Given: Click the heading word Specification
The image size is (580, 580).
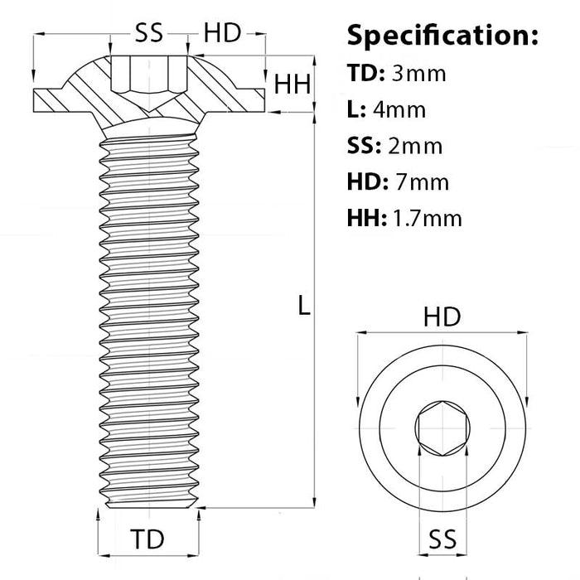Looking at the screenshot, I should [x=442, y=36].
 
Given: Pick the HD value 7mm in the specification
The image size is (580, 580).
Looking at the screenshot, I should [x=423, y=182].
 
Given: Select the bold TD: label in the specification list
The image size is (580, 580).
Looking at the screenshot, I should [x=365, y=73].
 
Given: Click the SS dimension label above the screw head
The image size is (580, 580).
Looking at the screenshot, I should [x=149, y=33].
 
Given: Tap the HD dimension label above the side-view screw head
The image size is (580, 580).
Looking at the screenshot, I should [x=222, y=33].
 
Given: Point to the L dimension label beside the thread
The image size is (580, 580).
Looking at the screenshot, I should [x=304, y=307].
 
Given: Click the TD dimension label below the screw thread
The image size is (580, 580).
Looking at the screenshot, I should [x=148, y=539].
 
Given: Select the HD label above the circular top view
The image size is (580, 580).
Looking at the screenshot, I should [x=442, y=317].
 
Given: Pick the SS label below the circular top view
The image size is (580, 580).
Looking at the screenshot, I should [x=442, y=540].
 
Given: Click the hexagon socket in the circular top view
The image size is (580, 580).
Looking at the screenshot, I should [x=442, y=429].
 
